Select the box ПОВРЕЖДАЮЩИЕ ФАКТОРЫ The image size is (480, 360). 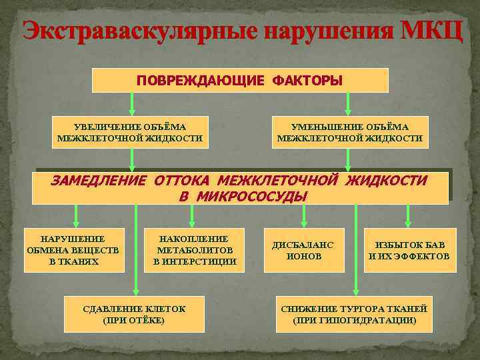(239, 81)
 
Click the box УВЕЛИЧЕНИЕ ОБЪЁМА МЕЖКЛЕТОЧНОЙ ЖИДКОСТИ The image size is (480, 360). (130, 133)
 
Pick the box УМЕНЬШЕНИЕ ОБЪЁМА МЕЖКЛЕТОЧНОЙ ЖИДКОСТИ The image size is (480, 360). (350, 133)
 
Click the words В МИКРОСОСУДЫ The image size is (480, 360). (243, 196)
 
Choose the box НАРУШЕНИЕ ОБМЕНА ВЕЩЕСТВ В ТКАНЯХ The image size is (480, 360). (73, 250)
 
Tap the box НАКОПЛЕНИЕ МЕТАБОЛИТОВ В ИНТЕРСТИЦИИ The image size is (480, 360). (194, 250)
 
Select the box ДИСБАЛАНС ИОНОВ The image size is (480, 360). (303, 250)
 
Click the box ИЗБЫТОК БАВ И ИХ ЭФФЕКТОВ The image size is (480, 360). (409, 250)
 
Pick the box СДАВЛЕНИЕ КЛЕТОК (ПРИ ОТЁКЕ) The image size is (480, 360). (134, 314)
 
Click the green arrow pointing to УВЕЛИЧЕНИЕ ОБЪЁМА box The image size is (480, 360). (133, 104)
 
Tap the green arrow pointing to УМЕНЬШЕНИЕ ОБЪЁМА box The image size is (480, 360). (347, 104)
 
